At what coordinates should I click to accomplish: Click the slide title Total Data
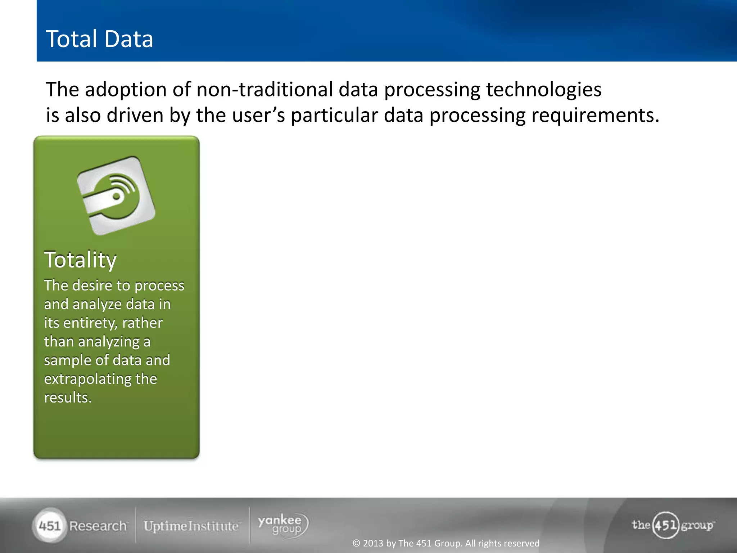click(x=99, y=39)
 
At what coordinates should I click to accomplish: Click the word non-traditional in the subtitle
click(x=264, y=89)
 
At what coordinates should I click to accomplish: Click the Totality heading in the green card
click(x=80, y=260)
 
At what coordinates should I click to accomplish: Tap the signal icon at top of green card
click(x=116, y=196)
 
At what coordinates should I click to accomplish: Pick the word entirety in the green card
click(x=90, y=323)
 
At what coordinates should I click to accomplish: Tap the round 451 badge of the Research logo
click(x=49, y=526)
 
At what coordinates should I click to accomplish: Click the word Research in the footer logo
click(x=98, y=526)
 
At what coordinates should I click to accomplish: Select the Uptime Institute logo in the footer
click(x=191, y=526)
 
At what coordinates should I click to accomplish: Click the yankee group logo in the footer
click(x=283, y=525)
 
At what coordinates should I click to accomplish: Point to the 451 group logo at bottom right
click(x=672, y=525)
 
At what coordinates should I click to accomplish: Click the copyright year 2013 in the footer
click(x=373, y=543)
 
